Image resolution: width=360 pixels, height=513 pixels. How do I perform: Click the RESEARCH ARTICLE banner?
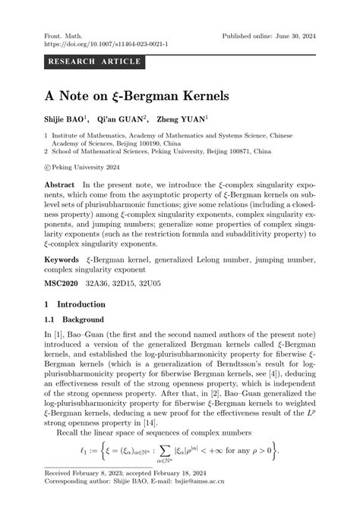95,61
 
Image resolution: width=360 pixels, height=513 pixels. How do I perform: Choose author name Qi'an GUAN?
125,119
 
